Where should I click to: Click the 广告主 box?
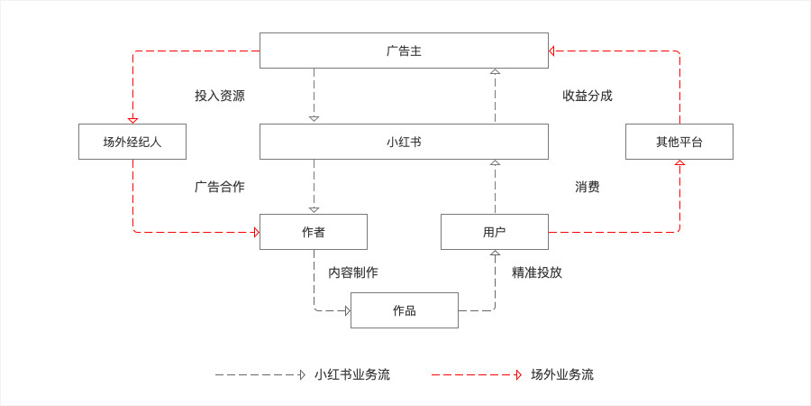pyautogui.click(x=404, y=51)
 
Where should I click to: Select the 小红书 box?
pyautogui.click(x=404, y=142)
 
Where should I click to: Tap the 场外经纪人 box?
pyautogui.click(x=132, y=142)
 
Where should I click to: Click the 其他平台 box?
pyautogui.click(x=679, y=142)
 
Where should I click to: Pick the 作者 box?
pyautogui.click(x=314, y=232)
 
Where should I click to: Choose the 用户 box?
pyautogui.click(x=495, y=232)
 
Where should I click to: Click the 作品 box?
pyautogui.click(x=405, y=310)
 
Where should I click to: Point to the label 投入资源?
pyautogui.click(x=220, y=96)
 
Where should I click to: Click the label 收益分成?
pyautogui.click(x=588, y=96)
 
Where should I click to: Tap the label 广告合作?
pyautogui.click(x=220, y=187)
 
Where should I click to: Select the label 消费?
pyautogui.click(x=588, y=187)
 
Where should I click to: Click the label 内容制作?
pyautogui.click(x=353, y=272)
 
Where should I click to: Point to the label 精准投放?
pyautogui.click(x=537, y=272)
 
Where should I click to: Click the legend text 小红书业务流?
pyautogui.click(x=352, y=374)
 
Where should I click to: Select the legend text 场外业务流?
pyautogui.click(x=562, y=374)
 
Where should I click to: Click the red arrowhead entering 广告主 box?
pyautogui.click(x=551, y=51)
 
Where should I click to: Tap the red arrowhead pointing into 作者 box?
pyautogui.click(x=257, y=232)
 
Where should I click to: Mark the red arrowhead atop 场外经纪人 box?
pyautogui.click(x=132, y=120)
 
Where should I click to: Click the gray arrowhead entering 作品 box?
pyautogui.click(x=348, y=310)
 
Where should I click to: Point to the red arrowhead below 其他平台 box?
pyautogui.click(x=679, y=163)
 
